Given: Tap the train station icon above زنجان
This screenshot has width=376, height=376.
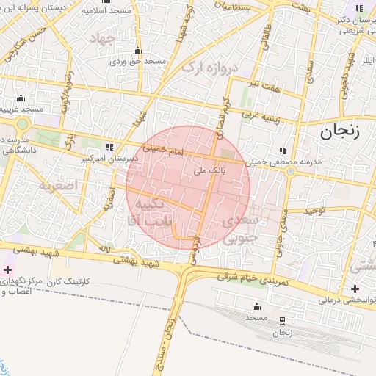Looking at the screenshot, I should (283, 320).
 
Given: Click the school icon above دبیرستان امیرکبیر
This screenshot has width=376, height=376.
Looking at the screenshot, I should (110, 146).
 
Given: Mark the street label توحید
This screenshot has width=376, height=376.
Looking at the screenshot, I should (314, 210).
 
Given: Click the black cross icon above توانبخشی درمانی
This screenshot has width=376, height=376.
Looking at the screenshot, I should (355, 288).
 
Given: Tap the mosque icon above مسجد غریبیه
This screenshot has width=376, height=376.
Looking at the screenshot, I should (21, 98).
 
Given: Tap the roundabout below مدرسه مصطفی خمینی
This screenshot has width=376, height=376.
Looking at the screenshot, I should (290, 172).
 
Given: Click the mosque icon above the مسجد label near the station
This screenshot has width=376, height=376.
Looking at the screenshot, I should (256, 305).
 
